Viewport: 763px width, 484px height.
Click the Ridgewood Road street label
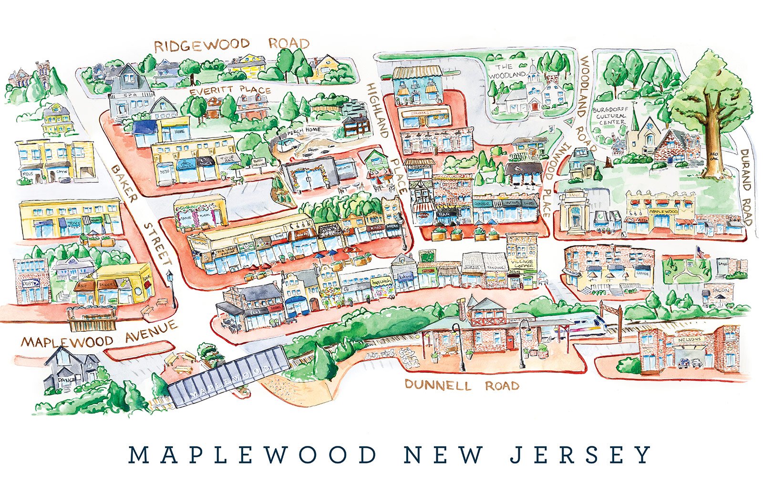tap(232, 45)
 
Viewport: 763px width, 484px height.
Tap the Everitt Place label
tap(230, 91)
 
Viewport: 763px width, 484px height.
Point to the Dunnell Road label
tap(462, 385)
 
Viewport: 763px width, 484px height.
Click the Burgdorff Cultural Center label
tap(608, 116)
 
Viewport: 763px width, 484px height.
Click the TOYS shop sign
tap(73, 224)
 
